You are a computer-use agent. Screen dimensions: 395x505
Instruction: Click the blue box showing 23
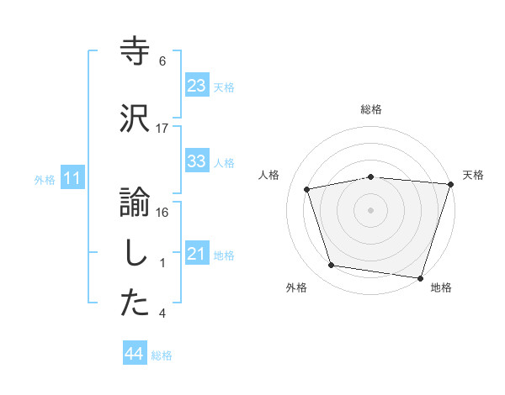coord(196,85)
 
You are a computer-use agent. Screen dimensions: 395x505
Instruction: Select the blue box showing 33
coord(196,161)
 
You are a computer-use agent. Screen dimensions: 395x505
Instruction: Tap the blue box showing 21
coord(196,254)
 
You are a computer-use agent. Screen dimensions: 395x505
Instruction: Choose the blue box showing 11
coord(72,178)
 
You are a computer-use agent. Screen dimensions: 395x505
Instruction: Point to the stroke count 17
coord(162,129)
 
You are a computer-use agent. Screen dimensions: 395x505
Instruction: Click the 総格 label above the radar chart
coord(371,109)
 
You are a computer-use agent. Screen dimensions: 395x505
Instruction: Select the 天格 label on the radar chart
coord(473,175)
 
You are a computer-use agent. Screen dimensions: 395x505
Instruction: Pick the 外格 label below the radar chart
coord(296,288)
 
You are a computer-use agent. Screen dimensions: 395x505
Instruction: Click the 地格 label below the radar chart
coord(441,288)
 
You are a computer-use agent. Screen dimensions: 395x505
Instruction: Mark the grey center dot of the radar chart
coord(371,209)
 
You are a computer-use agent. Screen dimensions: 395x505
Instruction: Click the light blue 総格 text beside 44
coord(162,355)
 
